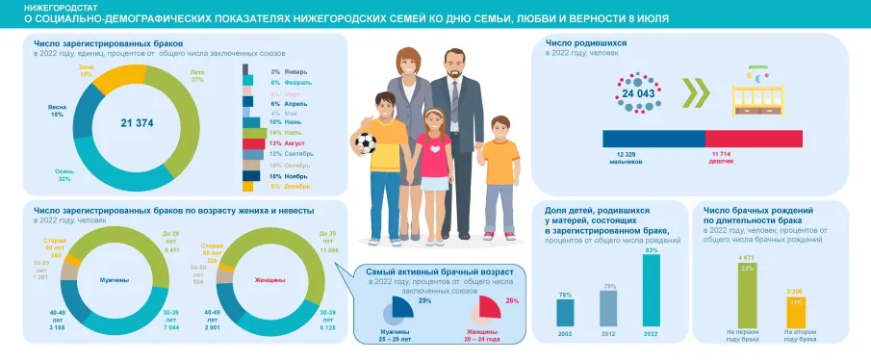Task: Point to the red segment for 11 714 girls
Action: (x=755, y=138)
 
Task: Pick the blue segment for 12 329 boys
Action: (x=653, y=138)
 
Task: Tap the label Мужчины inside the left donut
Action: (x=115, y=279)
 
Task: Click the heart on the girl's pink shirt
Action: (x=437, y=149)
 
